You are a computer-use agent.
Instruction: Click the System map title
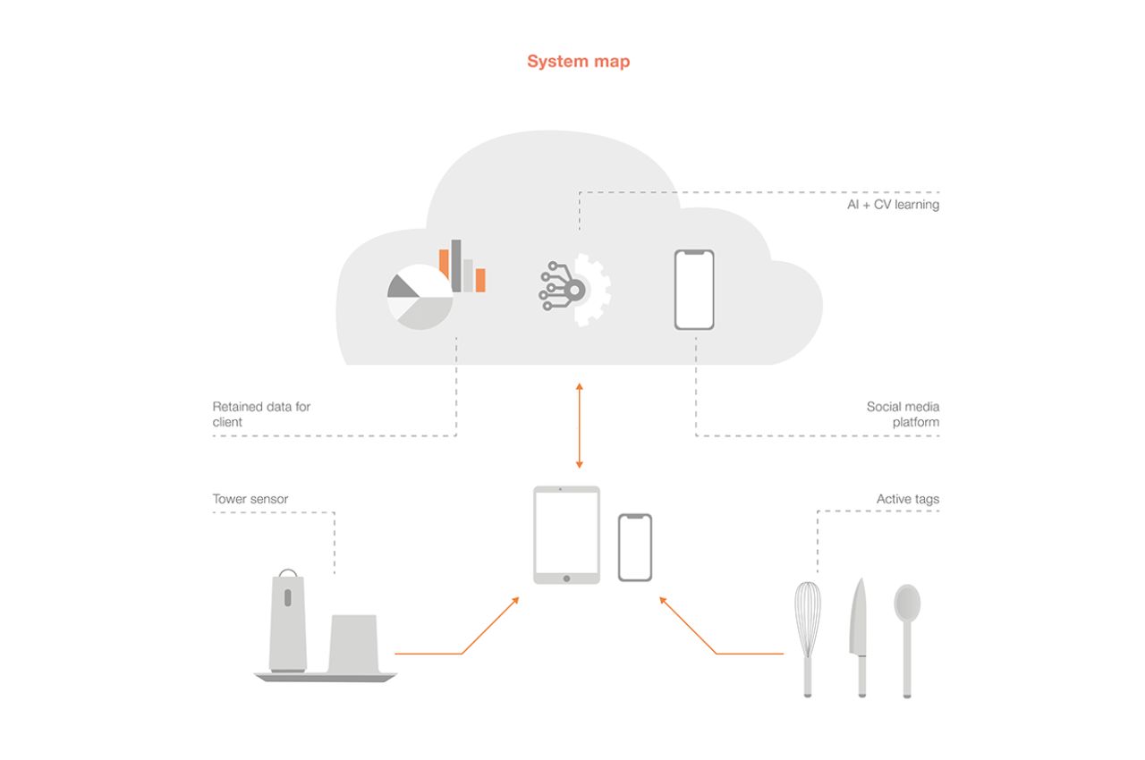[x=578, y=62]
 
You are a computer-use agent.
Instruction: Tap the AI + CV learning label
[x=894, y=205]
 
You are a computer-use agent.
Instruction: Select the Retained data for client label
[x=261, y=414]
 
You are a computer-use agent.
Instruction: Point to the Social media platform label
[x=903, y=414]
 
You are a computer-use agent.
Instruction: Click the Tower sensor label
[x=250, y=499]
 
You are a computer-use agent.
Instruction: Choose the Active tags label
[x=907, y=499]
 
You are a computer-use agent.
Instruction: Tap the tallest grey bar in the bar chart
[x=456, y=266]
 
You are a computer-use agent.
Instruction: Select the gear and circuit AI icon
[x=575, y=289]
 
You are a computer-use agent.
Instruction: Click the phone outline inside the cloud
[x=694, y=289]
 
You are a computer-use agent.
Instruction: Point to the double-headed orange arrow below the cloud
[x=580, y=426]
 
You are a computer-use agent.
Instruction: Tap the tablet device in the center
[x=566, y=534]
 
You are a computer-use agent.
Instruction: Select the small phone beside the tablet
[x=635, y=547]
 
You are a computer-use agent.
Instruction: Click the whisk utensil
[x=808, y=626]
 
